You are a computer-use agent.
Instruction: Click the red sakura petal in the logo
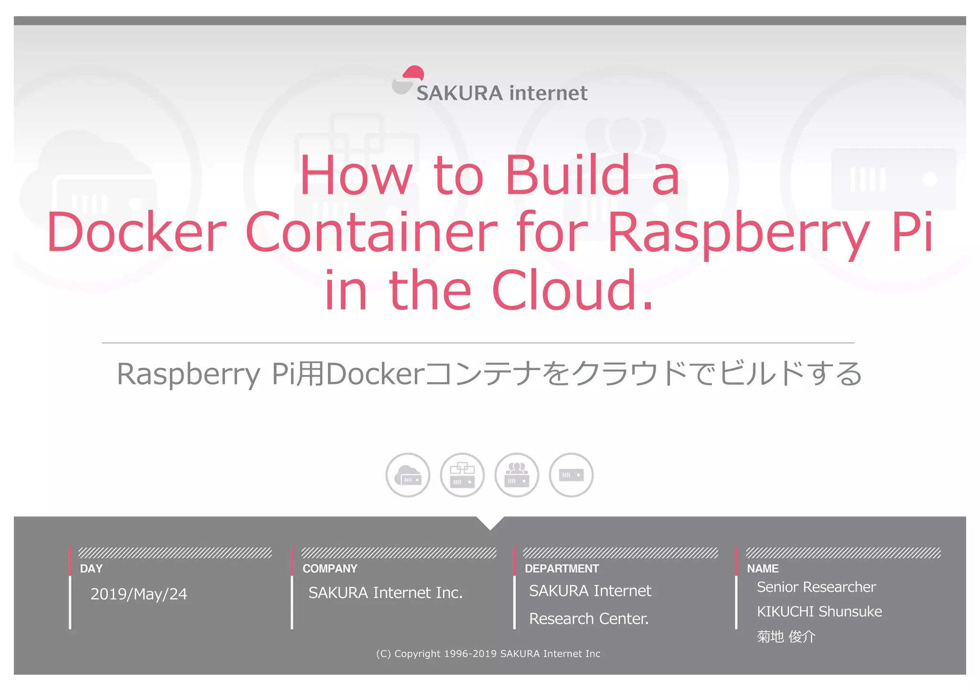point(413,73)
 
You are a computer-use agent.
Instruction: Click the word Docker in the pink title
point(137,232)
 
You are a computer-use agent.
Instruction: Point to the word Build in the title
point(568,176)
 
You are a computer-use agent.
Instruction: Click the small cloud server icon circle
point(408,475)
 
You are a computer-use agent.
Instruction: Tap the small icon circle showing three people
point(517,475)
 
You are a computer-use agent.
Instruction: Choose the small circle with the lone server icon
point(571,475)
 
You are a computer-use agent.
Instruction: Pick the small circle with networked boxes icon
point(462,475)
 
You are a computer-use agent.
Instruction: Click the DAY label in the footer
point(91,569)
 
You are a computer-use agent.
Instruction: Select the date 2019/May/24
point(139,594)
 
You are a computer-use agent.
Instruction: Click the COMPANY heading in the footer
point(330,569)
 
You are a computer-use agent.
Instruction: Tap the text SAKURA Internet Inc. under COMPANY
point(386,593)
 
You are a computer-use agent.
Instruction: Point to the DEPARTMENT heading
point(562,569)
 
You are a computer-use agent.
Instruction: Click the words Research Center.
point(589,619)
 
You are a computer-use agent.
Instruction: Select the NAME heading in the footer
point(763,569)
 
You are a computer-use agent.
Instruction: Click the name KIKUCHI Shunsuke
point(819,612)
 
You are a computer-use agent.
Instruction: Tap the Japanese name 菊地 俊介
point(786,637)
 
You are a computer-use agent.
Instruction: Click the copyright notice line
point(488,654)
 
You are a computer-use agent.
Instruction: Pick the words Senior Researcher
point(816,587)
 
